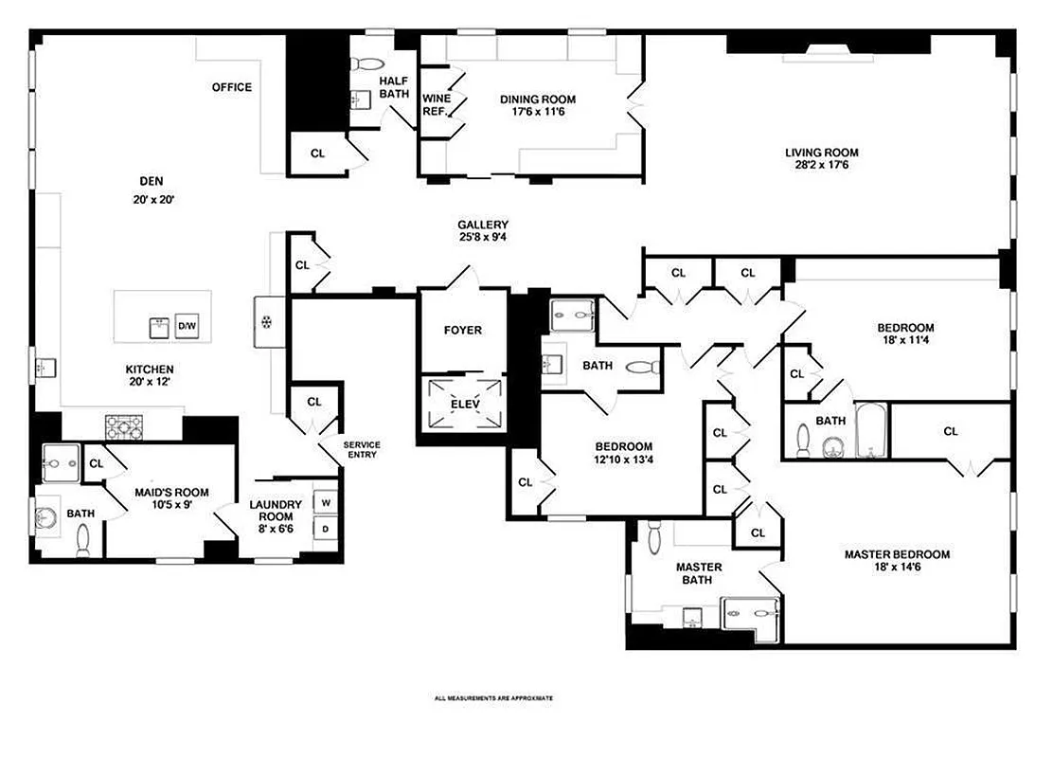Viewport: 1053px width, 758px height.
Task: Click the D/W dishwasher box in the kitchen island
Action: point(187,327)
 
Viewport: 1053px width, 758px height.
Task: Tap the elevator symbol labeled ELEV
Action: point(465,405)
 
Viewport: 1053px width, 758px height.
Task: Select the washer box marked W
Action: point(325,502)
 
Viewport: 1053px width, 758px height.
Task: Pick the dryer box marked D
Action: point(325,529)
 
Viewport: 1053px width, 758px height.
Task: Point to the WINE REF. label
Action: point(436,104)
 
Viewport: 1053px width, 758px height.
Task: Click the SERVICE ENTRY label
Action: point(362,450)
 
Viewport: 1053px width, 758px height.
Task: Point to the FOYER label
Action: point(463,331)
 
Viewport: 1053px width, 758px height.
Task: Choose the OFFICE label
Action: point(231,87)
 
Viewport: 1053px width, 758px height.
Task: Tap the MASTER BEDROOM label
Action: point(896,555)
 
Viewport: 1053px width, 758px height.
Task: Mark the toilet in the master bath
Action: point(654,539)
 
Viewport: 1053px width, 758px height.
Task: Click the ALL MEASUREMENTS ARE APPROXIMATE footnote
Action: point(492,698)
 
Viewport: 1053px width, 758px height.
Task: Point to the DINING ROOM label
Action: point(537,99)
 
